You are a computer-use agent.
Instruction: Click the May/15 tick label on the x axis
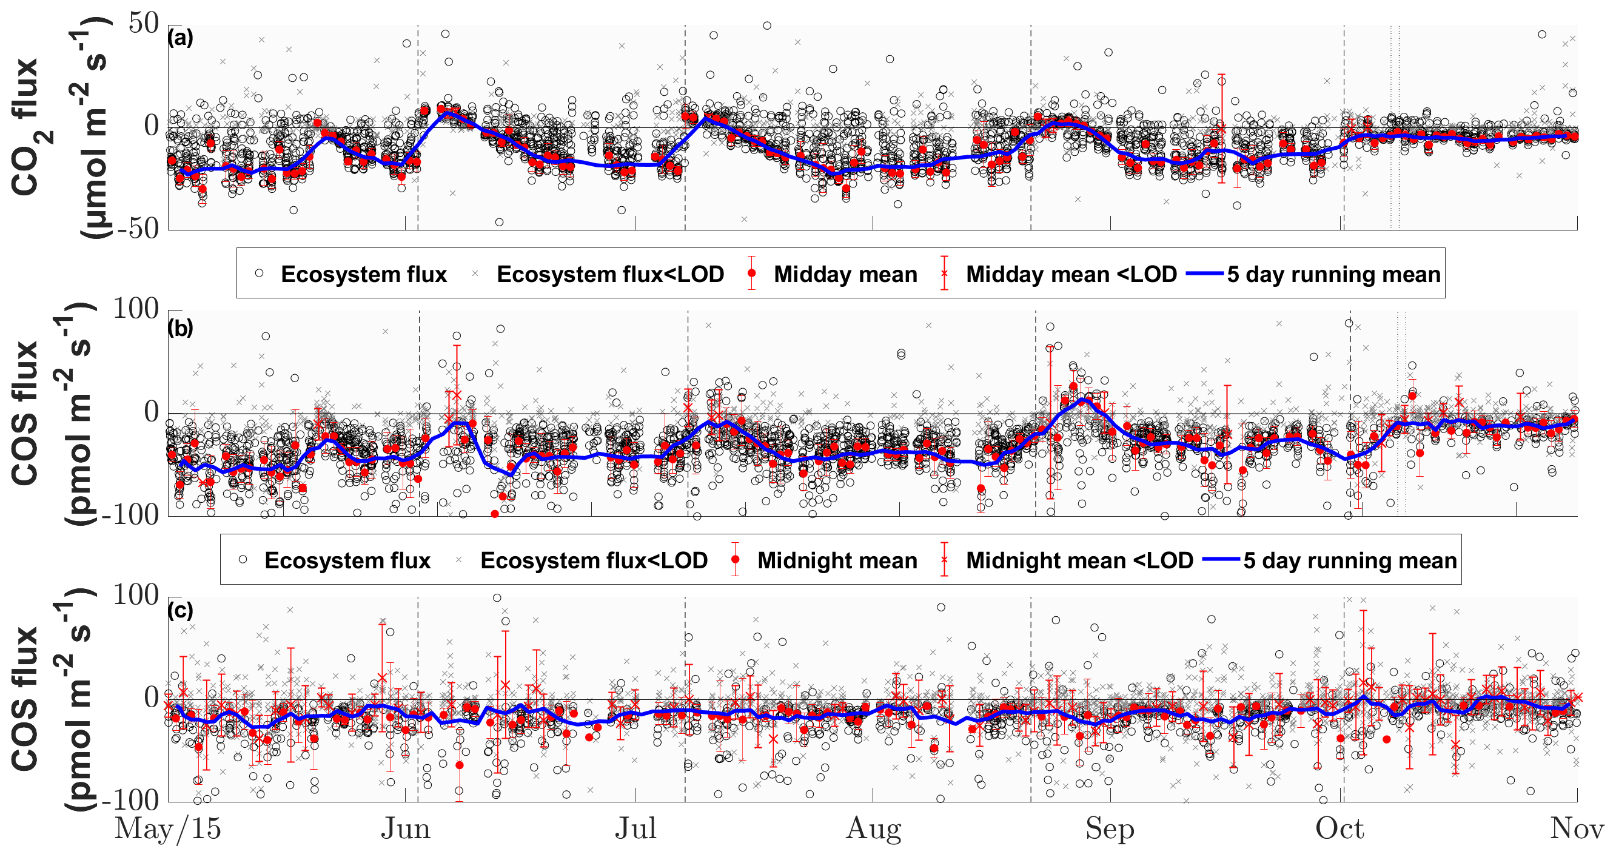point(167,829)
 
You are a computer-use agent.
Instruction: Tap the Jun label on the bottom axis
point(405,829)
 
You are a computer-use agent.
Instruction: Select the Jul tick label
point(635,829)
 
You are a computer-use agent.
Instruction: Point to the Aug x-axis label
point(873,829)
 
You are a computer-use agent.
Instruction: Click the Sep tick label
point(1110,829)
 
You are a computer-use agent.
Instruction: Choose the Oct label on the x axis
point(1339,829)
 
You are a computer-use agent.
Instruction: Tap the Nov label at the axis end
point(1577,829)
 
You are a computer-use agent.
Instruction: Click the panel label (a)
point(180,38)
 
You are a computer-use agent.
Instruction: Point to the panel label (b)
point(180,328)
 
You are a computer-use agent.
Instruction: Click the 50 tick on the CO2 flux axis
point(144,24)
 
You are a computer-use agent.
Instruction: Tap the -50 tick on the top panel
point(135,229)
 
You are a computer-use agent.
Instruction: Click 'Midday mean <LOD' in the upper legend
point(1071,274)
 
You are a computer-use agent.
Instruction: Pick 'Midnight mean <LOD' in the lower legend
point(1079,560)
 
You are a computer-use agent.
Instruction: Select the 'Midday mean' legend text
point(845,274)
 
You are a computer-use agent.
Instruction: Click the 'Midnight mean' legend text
point(837,560)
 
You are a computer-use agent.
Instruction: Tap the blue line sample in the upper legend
point(1204,274)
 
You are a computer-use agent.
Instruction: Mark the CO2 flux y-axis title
point(26,127)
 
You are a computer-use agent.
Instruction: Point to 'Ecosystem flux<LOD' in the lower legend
point(594,560)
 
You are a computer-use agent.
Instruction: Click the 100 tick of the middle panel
point(135,309)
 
